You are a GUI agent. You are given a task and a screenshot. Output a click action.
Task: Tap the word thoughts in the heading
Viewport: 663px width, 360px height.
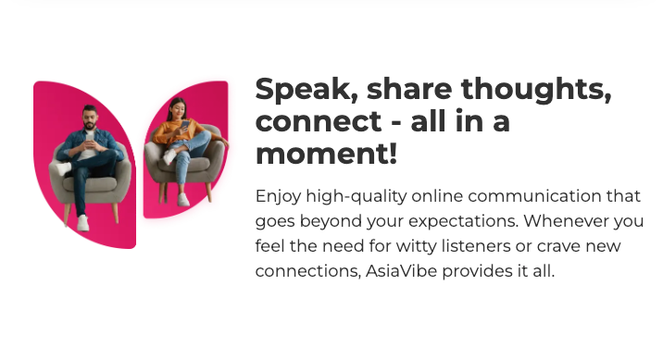[532, 91]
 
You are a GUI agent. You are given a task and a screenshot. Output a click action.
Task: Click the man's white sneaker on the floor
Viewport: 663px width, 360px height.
[82, 223]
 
